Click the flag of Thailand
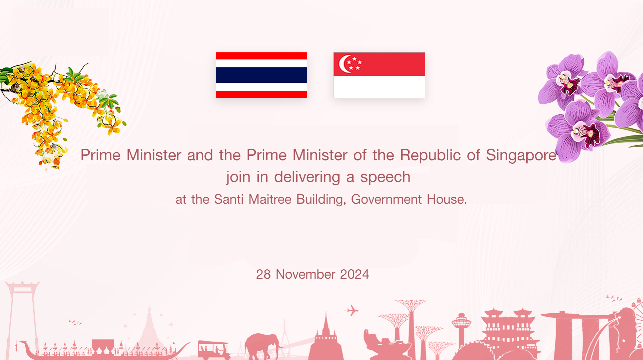[261, 75]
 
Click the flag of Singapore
[379, 75]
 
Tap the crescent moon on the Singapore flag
[345, 64]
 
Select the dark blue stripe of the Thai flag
[261, 75]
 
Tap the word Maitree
[270, 199]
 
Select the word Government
[387, 199]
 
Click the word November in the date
[305, 274]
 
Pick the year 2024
[355, 274]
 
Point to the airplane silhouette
[352, 311]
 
